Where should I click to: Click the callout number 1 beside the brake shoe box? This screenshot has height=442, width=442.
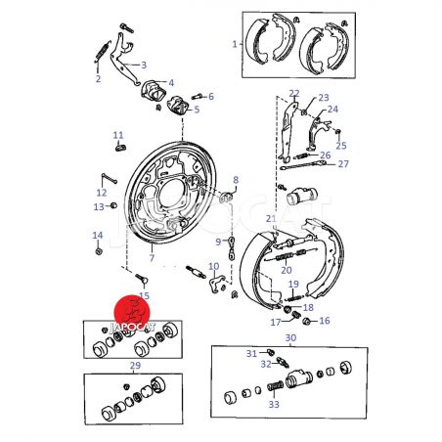point(235,44)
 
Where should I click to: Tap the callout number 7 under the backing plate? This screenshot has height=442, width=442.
point(152,258)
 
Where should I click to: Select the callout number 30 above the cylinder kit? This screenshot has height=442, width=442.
point(290,337)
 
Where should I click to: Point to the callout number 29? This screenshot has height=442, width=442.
point(135,366)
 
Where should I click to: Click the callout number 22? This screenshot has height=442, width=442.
point(294,94)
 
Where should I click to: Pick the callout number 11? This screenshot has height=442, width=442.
point(118,135)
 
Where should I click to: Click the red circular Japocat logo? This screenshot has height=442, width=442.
point(132,313)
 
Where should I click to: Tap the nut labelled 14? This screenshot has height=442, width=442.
point(99,251)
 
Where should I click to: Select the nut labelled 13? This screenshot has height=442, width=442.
point(113,205)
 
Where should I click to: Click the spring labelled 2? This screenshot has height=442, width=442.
point(102,52)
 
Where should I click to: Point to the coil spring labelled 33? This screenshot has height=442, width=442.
point(276,386)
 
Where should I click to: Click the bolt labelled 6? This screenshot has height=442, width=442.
point(197,97)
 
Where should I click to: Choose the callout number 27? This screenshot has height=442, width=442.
point(343,163)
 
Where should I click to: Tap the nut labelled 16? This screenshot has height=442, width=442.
point(306,321)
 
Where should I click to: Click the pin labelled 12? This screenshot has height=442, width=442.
point(109,178)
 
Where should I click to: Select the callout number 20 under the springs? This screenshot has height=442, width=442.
point(287,270)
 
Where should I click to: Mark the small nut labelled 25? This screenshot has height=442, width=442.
point(338,131)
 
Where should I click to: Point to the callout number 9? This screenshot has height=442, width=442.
point(218,242)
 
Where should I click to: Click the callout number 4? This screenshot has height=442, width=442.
point(171,82)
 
